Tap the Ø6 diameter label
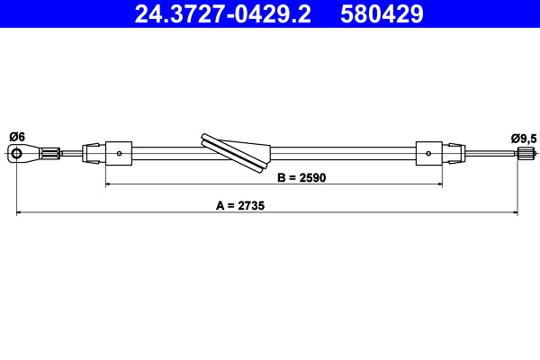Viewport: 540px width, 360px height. click(17, 136)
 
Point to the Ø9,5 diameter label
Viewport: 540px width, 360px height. click(523, 138)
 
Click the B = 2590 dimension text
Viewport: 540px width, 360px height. click(300, 177)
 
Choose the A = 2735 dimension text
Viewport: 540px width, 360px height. click(240, 205)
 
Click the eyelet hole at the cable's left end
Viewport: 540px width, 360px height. click(17, 155)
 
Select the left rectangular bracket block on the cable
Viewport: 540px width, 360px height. click(120, 153)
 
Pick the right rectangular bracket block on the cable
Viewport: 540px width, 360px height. click(428, 153)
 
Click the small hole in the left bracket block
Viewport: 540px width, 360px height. click(120, 153)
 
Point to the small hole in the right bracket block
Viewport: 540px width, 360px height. click(428, 153)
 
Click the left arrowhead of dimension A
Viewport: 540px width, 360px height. click(21, 213)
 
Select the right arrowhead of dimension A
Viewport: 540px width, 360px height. click(516, 213)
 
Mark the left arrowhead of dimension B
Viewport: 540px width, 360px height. click(110, 184)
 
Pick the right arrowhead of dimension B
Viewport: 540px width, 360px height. click(438, 184)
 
